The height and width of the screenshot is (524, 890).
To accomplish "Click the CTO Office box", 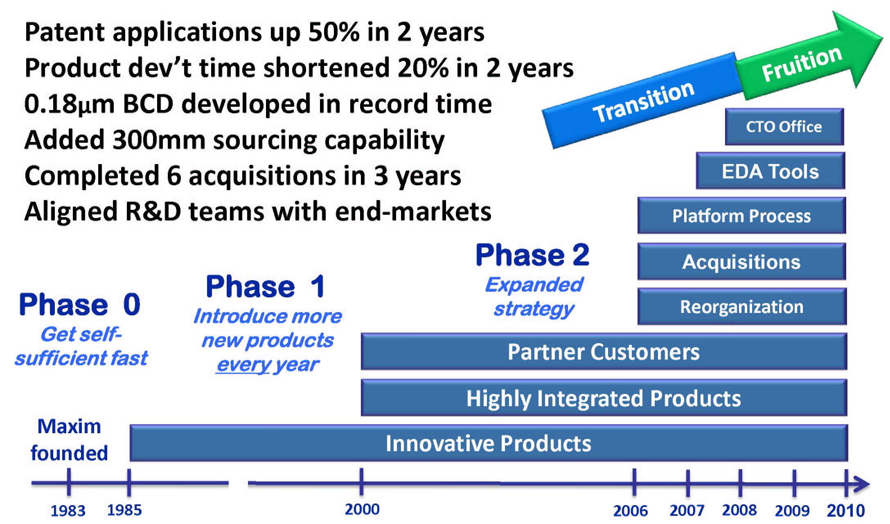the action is (784, 127).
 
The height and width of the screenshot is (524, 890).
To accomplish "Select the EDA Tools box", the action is (771, 171).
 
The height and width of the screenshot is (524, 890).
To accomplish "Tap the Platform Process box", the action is (741, 216).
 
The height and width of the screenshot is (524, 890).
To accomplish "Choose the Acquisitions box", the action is (741, 262).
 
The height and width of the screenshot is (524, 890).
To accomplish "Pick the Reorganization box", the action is (741, 306).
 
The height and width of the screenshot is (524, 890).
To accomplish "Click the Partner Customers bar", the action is (604, 352).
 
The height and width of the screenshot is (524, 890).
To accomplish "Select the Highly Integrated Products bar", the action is (604, 398).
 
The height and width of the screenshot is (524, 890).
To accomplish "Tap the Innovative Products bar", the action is (489, 443).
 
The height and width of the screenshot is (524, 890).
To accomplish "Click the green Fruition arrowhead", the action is (808, 57).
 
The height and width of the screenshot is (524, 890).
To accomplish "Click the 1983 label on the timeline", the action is (68, 511).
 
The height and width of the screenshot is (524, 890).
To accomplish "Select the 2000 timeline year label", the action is (362, 509).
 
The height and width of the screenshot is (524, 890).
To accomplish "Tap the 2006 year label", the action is (631, 511).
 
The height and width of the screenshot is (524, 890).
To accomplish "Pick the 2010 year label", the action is (846, 511).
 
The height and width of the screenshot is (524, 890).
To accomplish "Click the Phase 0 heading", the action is (80, 305).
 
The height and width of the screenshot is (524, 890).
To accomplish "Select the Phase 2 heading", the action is (532, 255).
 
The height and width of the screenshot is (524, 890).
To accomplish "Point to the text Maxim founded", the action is (69, 440).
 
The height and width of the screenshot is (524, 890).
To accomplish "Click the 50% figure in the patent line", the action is (334, 31).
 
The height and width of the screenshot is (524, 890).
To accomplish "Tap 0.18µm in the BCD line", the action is (69, 104).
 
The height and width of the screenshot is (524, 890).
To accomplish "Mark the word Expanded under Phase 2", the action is (534, 285).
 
